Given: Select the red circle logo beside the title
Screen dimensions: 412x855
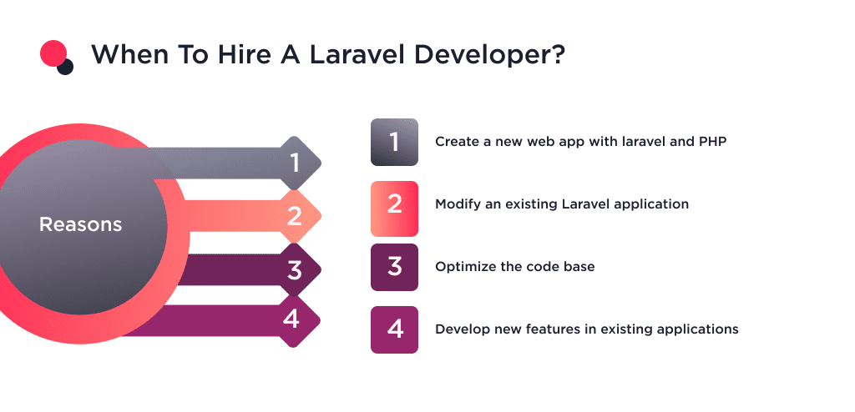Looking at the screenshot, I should [x=53, y=53].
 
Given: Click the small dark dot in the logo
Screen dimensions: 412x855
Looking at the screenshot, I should [x=65, y=67].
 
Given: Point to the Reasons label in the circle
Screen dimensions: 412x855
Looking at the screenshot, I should [x=81, y=224].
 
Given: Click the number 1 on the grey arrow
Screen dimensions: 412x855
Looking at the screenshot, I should [x=294, y=162].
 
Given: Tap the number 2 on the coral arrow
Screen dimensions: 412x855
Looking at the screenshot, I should [x=294, y=217].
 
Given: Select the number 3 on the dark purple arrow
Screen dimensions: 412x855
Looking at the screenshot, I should [x=294, y=271].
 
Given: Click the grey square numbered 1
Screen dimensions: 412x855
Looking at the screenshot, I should [x=394, y=142].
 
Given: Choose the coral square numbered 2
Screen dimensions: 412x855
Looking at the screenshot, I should [x=394, y=204].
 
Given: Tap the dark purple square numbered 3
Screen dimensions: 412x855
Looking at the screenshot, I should [x=394, y=267].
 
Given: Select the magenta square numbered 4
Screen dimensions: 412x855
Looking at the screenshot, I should [x=394, y=329].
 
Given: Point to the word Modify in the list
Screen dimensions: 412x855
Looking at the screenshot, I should [x=456, y=204].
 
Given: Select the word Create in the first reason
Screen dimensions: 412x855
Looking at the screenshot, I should [x=455, y=142].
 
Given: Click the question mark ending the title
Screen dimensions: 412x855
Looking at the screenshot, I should [x=557, y=55].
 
